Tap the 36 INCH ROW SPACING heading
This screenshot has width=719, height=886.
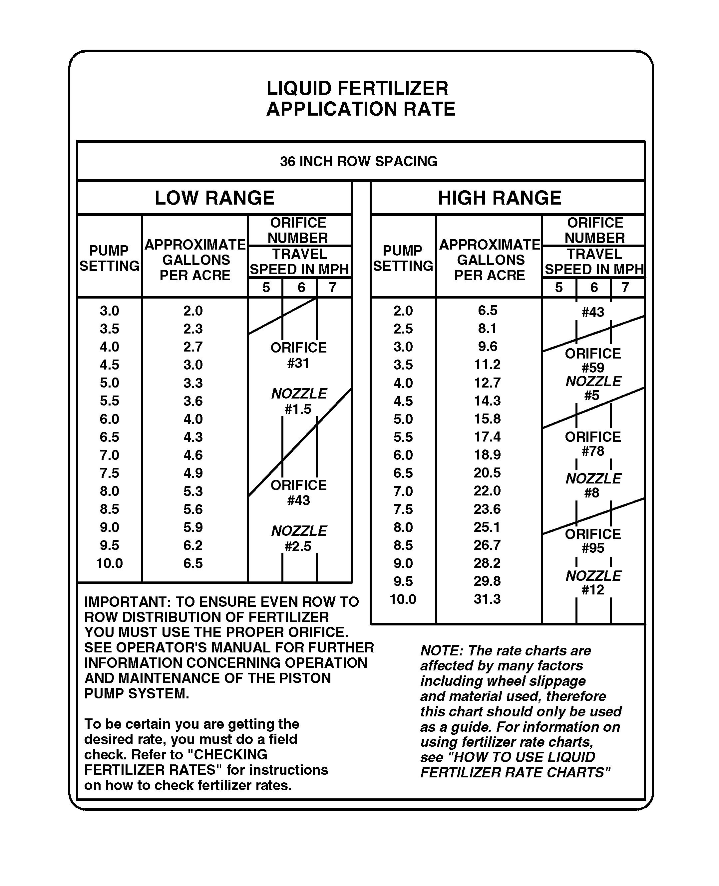tap(359, 161)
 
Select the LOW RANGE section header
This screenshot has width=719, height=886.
tap(214, 198)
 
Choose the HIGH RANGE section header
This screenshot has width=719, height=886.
tap(500, 198)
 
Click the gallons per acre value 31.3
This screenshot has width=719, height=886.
tap(487, 599)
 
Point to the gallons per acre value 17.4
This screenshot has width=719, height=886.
tap(487, 437)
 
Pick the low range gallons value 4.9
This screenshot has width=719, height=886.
tap(193, 473)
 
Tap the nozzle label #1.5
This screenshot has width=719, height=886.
tap(298, 409)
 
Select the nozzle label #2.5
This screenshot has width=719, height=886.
tap(298, 546)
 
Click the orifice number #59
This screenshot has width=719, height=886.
tap(593, 368)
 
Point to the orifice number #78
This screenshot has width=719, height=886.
tap(593, 451)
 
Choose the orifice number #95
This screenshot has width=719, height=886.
tap(593, 548)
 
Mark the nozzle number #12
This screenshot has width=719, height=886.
tap(593, 589)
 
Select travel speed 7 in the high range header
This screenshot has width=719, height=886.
tap(625, 287)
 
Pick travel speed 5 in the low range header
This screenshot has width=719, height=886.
tap(266, 287)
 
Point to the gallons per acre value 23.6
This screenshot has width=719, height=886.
tap(487, 508)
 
